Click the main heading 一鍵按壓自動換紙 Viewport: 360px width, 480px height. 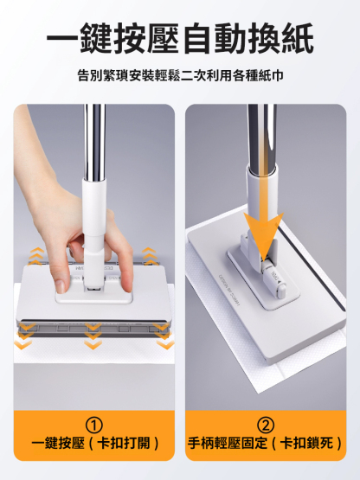180,39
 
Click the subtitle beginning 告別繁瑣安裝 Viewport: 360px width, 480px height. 180,75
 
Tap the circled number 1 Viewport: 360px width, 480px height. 93,426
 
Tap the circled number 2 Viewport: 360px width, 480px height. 266,426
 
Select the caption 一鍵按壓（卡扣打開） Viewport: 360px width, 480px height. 95,444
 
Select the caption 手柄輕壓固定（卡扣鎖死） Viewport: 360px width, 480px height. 265,444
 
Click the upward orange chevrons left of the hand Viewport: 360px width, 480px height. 35,257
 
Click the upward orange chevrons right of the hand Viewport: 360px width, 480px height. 149,257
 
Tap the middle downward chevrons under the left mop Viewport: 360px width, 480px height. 93,336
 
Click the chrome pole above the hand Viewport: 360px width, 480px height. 94,141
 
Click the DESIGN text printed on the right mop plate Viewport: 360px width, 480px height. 229,289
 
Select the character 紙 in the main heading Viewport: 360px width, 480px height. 297,39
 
